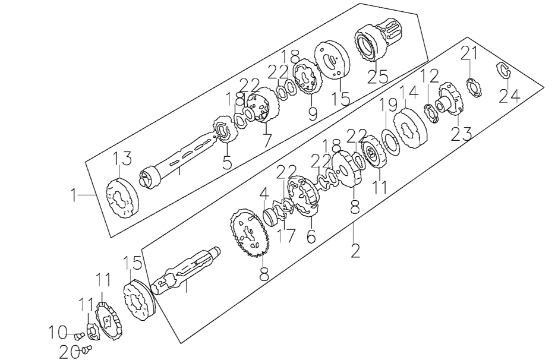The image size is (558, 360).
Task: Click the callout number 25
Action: pos(377,76)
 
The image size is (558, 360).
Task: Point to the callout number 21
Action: pos(469,54)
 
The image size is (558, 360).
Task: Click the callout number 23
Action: pos(461,134)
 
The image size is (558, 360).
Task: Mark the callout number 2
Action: pos(355,251)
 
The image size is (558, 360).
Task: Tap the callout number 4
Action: pos(263,193)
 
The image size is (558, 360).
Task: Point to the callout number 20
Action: pos(70,351)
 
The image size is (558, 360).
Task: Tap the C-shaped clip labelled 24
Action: pos(504,70)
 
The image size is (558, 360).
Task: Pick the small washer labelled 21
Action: pos(475,86)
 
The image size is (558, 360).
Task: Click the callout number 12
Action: pos(430,75)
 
